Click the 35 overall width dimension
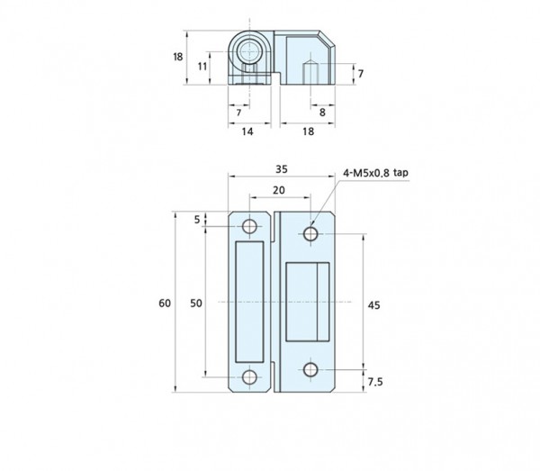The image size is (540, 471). point(282,169)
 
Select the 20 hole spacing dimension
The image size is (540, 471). point(279,190)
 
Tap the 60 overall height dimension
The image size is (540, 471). point(165,303)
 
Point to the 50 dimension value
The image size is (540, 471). point(196,303)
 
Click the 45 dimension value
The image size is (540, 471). point(374,305)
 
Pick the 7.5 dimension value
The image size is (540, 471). point(375,382)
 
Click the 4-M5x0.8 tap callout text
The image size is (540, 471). point(375,173)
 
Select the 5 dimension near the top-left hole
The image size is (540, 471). point(197,220)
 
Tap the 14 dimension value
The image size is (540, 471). point(247,131)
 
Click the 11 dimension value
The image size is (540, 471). point(202,66)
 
